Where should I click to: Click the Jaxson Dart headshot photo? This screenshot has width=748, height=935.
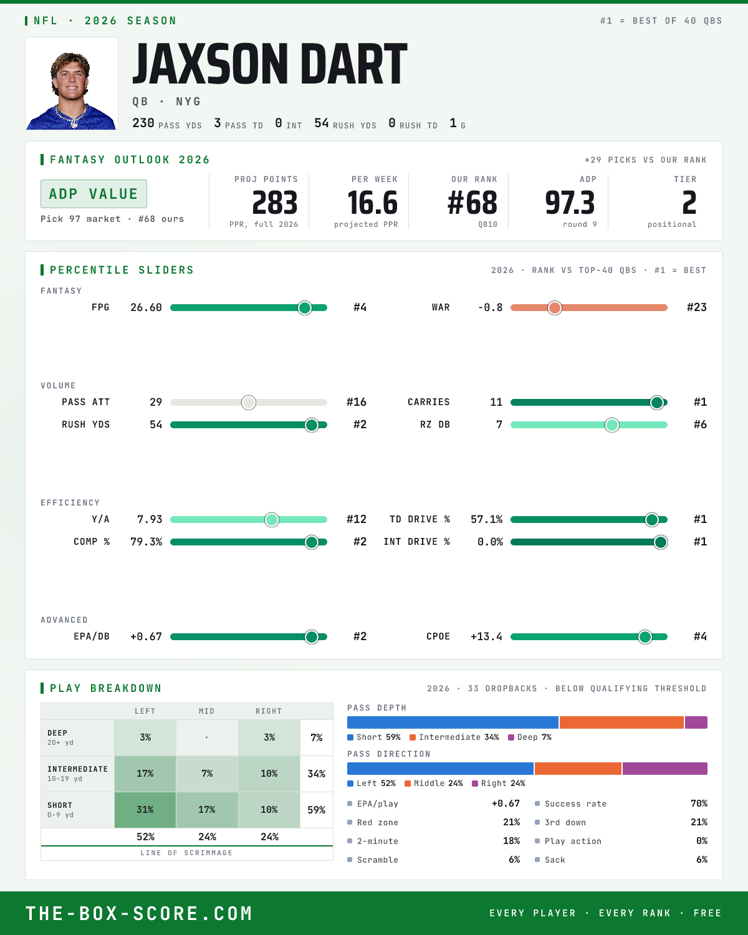click(x=72, y=84)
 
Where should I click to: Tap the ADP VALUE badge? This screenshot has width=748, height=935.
click(x=93, y=194)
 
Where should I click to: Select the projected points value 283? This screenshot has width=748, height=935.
click(x=275, y=203)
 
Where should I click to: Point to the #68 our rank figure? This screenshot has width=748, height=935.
click(x=472, y=203)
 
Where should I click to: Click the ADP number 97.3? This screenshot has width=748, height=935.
click(x=570, y=203)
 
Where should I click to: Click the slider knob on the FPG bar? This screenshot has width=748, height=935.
click(x=305, y=307)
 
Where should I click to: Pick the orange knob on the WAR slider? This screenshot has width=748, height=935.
click(x=555, y=307)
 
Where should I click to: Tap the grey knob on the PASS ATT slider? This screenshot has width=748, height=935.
click(x=249, y=402)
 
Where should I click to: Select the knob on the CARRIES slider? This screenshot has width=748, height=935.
click(x=657, y=402)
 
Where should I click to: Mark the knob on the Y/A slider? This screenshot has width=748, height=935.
click(x=272, y=520)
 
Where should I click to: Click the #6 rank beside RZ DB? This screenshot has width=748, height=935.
click(x=700, y=424)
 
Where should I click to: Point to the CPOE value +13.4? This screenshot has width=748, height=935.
click(x=486, y=636)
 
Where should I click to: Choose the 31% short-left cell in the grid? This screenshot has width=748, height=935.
click(x=145, y=810)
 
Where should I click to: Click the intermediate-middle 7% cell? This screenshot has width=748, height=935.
click(x=207, y=774)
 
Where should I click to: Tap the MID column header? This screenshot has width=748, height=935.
click(x=207, y=711)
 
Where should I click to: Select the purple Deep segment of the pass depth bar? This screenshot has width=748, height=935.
click(x=696, y=722)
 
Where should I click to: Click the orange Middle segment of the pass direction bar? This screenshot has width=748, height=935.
click(x=578, y=769)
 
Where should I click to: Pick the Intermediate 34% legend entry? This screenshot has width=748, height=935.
click(x=454, y=737)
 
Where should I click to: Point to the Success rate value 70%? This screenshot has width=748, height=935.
click(x=699, y=803)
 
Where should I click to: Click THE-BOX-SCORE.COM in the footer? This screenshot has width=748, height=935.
click(x=139, y=913)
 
